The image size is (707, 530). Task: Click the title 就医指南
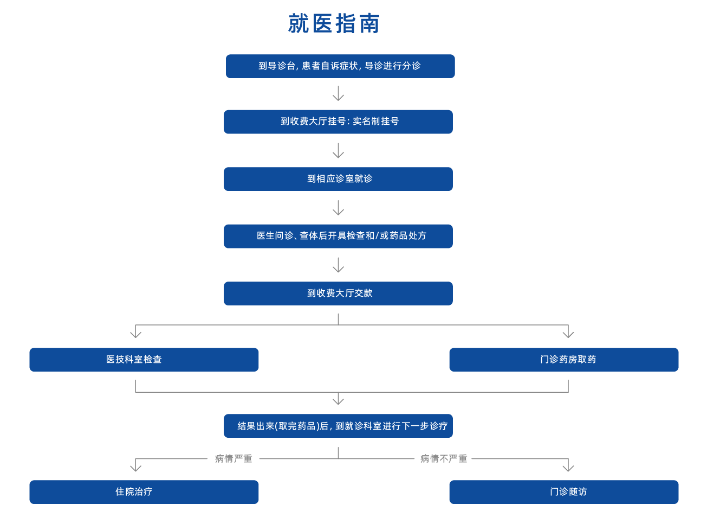tap(334, 24)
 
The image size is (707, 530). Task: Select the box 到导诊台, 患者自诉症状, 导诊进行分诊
tap(340, 66)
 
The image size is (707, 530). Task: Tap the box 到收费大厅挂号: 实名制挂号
tap(338, 122)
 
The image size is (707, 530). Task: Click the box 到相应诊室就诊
tap(338, 179)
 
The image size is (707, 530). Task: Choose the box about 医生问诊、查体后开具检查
tap(338, 236)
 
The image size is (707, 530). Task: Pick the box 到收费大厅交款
tap(338, 293)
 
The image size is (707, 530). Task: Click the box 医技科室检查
tap(144, 360)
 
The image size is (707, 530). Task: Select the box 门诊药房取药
tap(563, 360)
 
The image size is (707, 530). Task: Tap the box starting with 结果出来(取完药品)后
tap(338, 426)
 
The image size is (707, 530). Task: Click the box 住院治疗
tap(144, 492)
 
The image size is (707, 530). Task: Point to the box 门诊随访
tap(563, 492)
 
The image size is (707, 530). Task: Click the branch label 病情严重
tap(233, 459)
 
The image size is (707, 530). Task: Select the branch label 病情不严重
tap(443, 459)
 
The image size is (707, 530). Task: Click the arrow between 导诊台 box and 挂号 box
tap(338, 94)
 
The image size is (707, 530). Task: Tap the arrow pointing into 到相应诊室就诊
tap(338, 151)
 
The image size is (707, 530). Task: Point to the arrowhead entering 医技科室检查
tap(135, 333)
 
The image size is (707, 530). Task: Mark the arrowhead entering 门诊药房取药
tap(568, 333)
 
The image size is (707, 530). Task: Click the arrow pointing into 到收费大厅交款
tap(338, 266)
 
